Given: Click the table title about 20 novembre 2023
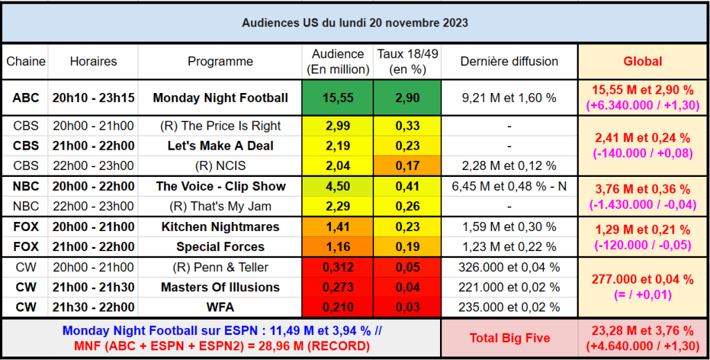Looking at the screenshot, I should pos(355,23).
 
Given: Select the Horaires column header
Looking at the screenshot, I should pos(94,61).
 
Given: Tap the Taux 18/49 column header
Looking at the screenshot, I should pos(407,61).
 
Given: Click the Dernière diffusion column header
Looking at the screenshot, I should pos(509,61).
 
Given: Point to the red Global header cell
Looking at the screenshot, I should pos(643,61).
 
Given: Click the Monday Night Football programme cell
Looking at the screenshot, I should pos(220,98).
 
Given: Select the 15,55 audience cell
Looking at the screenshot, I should pos(338,98).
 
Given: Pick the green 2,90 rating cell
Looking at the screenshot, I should pos(407,98).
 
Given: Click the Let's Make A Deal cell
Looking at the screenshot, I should pos(220,146).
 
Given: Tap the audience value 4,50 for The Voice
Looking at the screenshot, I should pos(338,186).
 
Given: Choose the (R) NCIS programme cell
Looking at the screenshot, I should pos(220,166).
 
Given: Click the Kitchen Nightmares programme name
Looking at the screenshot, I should pos(220,227).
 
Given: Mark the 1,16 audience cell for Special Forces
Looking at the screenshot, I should pos(338,247).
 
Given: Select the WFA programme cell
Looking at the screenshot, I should pos(220,307).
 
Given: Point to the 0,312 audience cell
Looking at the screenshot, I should pos(338,267).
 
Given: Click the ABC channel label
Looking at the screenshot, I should pos(26,98).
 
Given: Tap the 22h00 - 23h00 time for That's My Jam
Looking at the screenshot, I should pos(94,206).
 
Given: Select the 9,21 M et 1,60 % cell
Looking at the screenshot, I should pos(509,98).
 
